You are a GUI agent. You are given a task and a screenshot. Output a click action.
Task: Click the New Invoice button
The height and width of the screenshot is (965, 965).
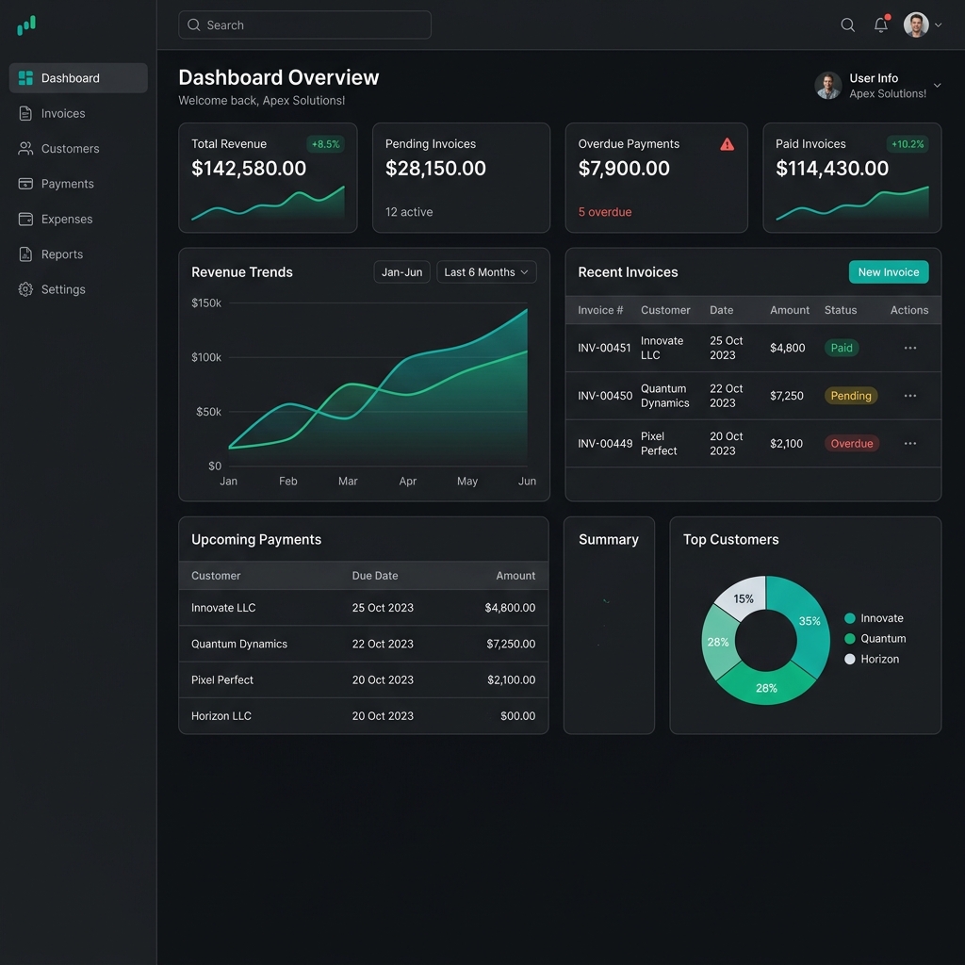[x=888, y=272]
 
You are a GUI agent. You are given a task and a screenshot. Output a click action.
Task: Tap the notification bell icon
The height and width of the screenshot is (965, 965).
[x=881, y=25]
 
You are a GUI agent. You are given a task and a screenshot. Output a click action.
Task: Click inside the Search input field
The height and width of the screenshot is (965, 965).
[x=304, y=25]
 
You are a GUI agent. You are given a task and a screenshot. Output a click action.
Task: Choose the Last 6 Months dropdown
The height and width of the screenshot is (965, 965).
[x=486, y=272]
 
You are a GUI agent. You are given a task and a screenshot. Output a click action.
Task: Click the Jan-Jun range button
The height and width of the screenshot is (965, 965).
[x=401, y=272]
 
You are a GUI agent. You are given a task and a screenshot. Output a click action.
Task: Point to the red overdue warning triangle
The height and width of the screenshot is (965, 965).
[x=727, y=144]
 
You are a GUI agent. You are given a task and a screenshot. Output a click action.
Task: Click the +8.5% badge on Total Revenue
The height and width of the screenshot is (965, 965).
[x=325, y=144]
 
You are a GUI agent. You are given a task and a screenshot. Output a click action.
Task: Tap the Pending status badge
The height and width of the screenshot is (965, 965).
[x=851, y=396]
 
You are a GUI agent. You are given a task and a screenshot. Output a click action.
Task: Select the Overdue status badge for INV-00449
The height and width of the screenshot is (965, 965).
[x=852, y=444]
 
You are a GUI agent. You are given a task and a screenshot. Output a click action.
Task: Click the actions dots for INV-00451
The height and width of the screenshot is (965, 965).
[x=910, y=348]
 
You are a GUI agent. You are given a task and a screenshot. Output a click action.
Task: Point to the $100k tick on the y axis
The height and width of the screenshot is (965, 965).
[x=206, y=357]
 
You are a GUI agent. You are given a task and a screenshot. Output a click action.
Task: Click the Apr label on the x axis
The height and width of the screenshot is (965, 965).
[x=407, y=482]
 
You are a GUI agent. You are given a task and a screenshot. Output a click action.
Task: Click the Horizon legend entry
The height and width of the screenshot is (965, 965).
[x=872, y=659]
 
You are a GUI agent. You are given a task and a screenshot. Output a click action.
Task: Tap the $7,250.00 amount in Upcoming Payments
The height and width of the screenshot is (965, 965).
[x=511, y=644]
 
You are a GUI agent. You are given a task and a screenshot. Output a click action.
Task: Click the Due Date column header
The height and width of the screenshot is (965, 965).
[x=375, y=576]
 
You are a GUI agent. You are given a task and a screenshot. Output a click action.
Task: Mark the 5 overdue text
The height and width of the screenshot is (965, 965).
[x=605, y=212]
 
